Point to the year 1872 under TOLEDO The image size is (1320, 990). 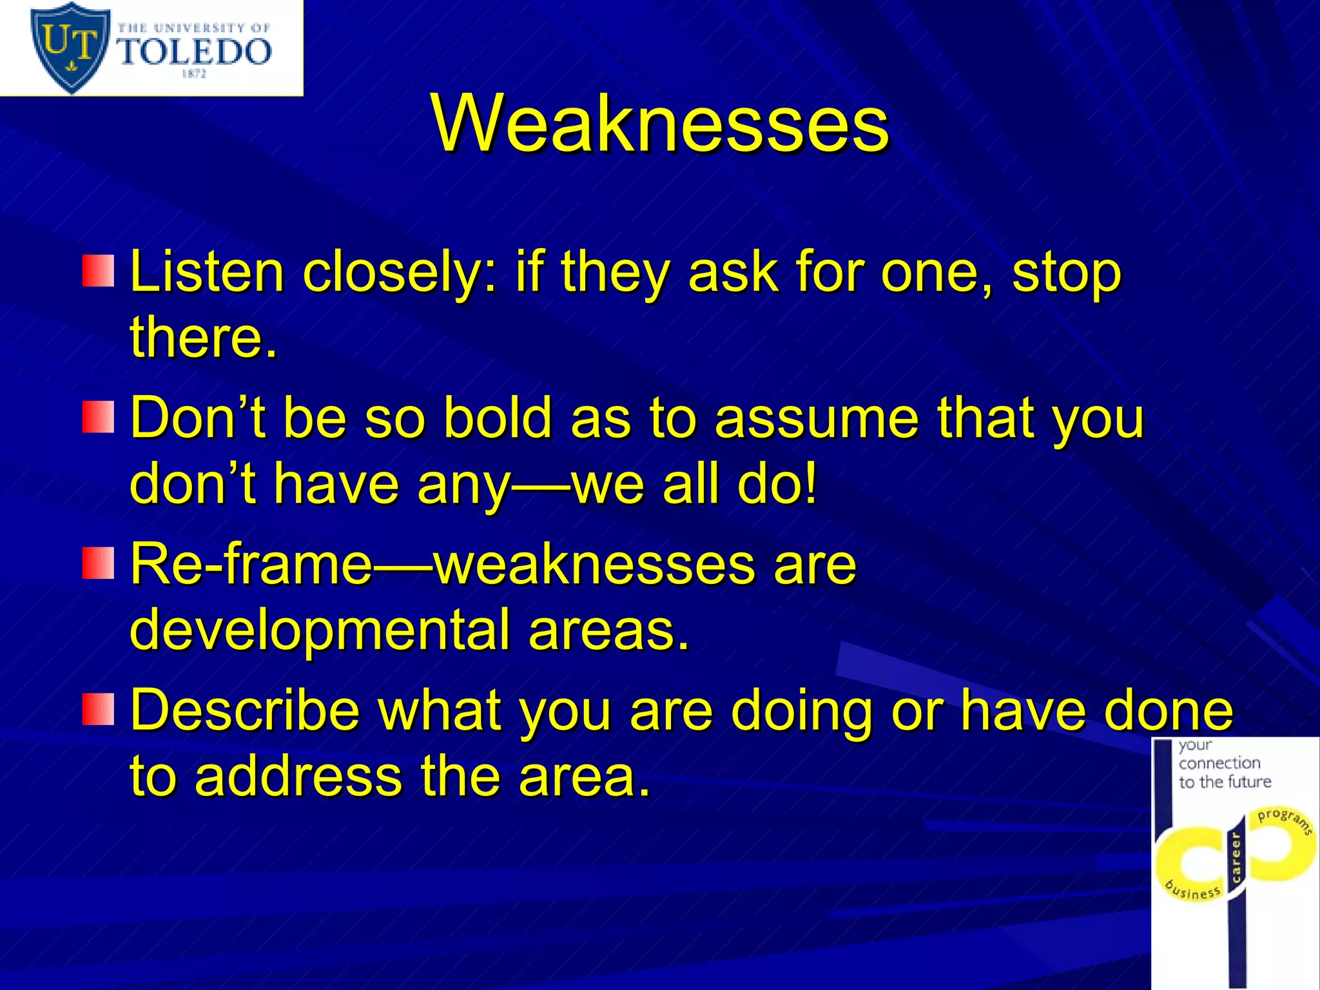click(x=194, y=74)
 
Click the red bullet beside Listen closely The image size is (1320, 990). click(x=98, y=271)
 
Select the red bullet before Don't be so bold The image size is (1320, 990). click(x=98, y=417)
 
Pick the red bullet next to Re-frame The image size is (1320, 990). click(x=98, y=563)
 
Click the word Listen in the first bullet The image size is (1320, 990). click(x=207, y=272)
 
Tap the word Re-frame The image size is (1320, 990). click(x=251, y=564)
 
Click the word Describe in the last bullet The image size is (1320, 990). click(x=245, y=710)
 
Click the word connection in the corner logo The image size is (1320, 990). click(x=1219, y=763)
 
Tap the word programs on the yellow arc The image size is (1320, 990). click(x=1286, y=820)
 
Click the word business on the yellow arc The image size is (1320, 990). click(x=1194, y=889)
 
